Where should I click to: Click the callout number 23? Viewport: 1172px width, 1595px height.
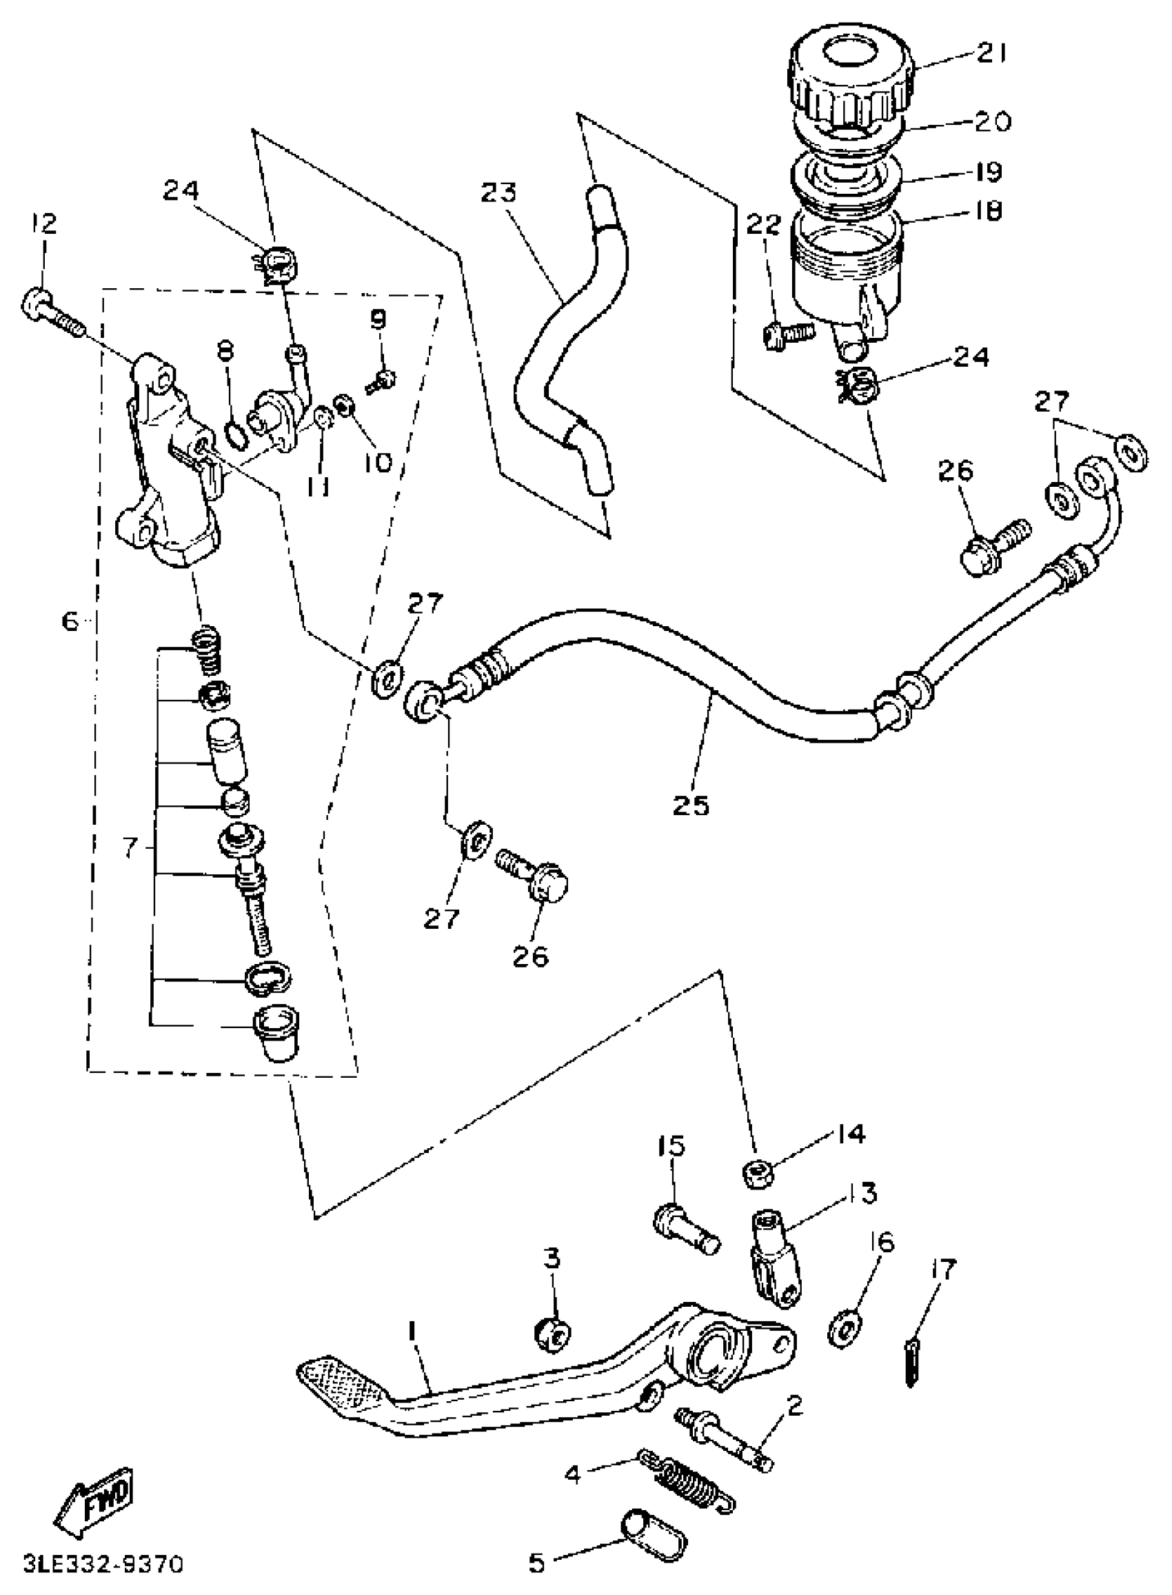[498, 193]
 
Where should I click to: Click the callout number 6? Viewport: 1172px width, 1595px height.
[69, 621]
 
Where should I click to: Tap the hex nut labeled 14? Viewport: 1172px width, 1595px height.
[758, 1174]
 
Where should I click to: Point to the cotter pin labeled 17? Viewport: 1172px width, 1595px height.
[913, 1360]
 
